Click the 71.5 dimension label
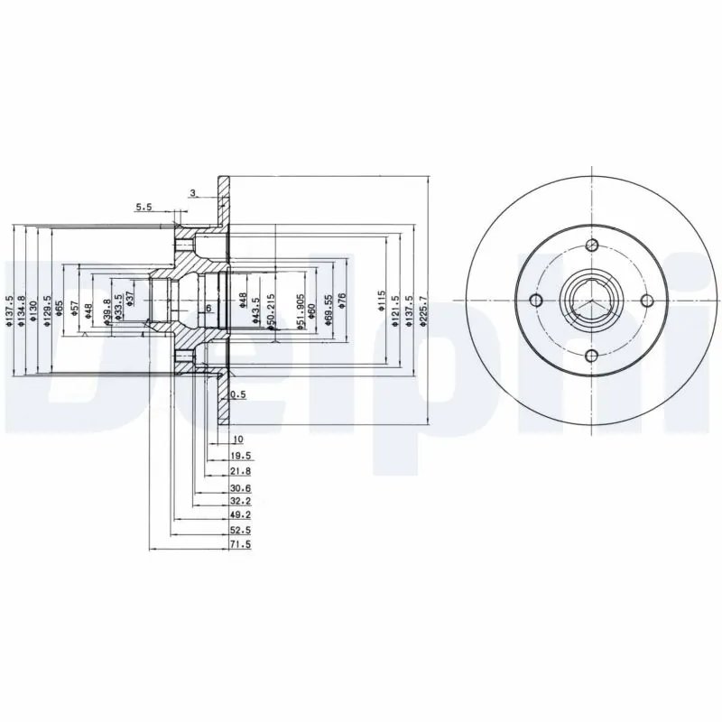pos(240,546)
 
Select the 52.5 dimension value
pos(240,532)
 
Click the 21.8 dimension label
pos(240,470)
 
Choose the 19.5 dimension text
pos(240,457)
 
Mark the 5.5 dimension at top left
pos(144,207)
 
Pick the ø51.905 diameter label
pos(301,312)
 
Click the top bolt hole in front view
pos(592,246)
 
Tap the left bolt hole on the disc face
pos(536,301)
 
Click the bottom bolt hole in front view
pos(592,356)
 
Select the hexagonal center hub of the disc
pos(591,301)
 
